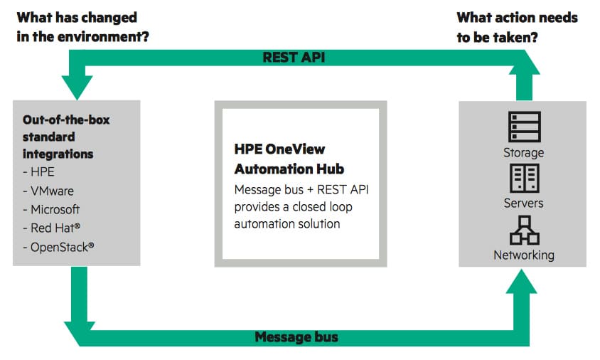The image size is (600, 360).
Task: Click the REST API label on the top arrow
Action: pos(294,58)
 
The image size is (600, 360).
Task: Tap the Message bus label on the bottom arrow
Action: pos(296,337)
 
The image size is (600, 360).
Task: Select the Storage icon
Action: pos(524,127)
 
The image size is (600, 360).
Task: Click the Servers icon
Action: pos(524,178)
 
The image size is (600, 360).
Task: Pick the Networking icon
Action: pos(524,231)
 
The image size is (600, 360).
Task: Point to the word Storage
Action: pos(523,153)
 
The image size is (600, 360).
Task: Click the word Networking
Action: pos(524,255)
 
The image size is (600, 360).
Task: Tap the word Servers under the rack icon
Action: pos(523,203)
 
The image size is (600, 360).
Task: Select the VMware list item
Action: pos(48,191)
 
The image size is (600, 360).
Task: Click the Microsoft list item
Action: pos(51,209)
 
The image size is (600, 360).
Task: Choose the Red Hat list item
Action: pos(52,228)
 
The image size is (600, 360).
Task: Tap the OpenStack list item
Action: pos(58,247)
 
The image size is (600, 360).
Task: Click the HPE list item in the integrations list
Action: pos(38,172)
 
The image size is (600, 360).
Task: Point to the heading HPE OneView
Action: pos(279,149)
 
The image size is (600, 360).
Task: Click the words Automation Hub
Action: pos(289,169)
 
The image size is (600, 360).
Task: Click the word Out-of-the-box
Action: pos(66,120)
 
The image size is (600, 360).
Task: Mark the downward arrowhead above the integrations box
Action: pos(77,88)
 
